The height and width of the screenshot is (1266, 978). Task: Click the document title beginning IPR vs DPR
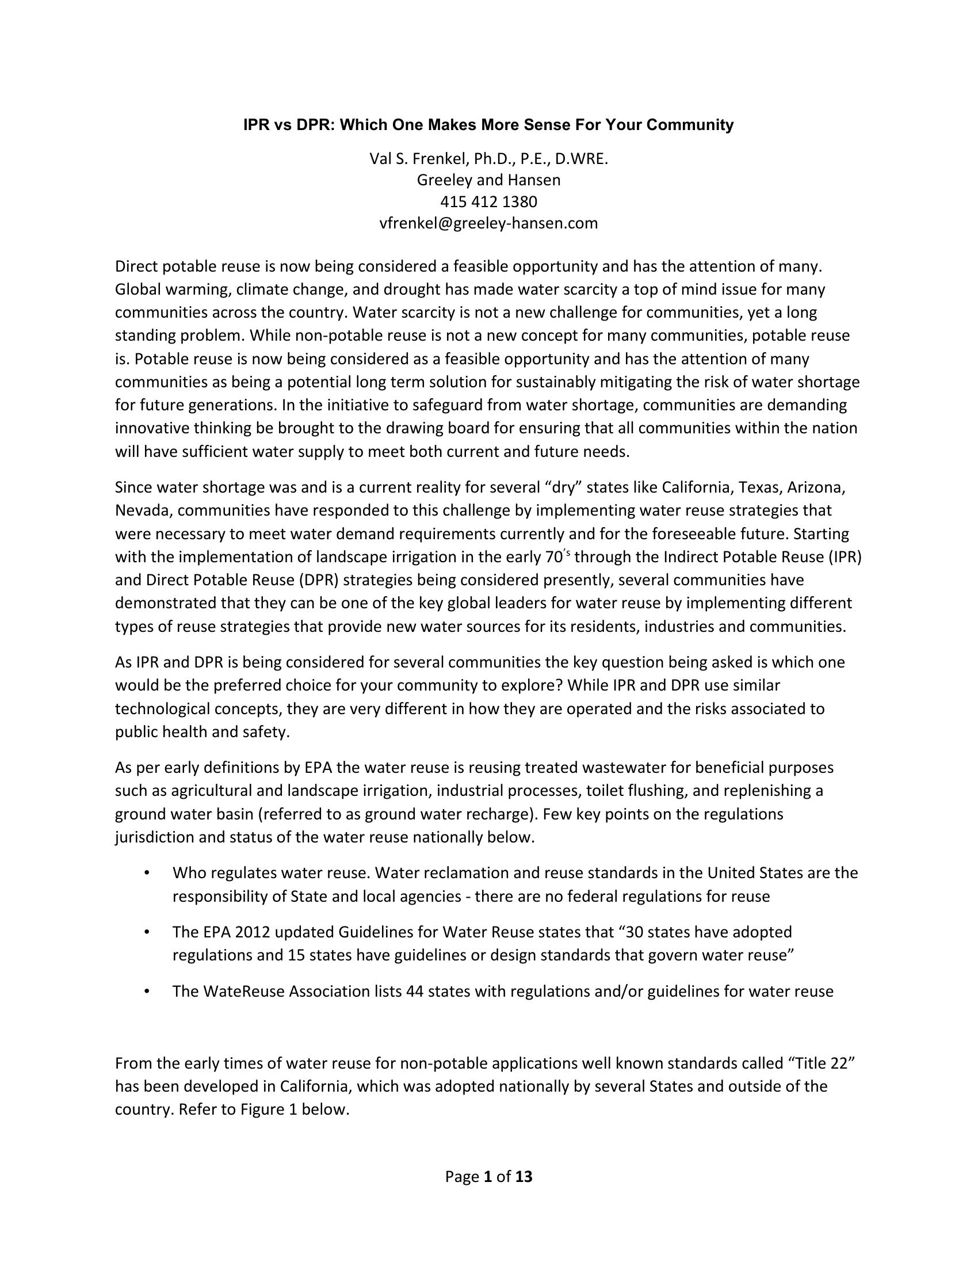coord(488,125)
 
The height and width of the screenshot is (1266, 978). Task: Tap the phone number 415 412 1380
coord(488,202)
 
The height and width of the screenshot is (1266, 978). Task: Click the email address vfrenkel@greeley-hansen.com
coord(488,223)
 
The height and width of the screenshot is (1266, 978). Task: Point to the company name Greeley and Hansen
coord(488,180)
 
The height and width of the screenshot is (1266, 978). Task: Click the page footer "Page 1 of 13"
coord(488,1177)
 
